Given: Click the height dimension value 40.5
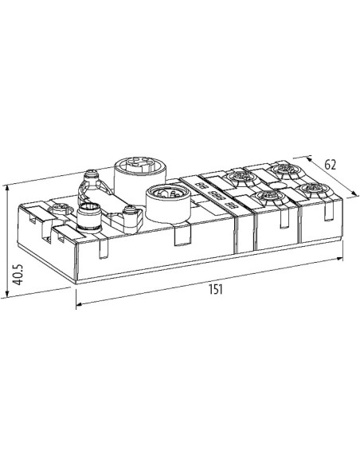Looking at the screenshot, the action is tap(18, 275).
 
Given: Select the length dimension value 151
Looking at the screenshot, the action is tap(216, 289).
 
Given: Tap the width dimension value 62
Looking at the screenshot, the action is tap(331, 165).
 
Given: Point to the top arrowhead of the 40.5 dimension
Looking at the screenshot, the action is tap(7, 188).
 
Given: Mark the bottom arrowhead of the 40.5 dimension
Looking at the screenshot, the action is tap(7, 294).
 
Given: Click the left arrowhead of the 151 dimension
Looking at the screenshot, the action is tap(80, 304).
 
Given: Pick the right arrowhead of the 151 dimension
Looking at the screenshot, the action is tap(339, 259).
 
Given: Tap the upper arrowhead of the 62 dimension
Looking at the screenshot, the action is tap(309, 159).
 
